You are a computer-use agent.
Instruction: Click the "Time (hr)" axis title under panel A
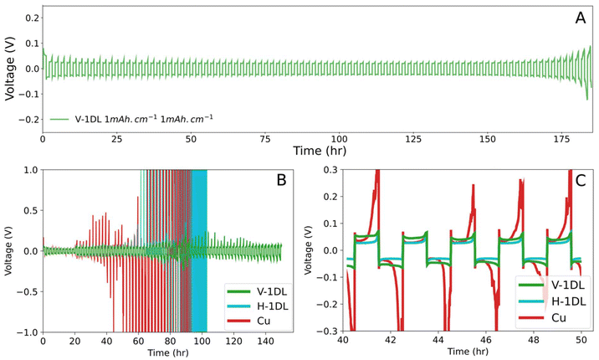[317, 150]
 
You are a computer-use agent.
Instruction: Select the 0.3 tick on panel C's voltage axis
[320, 169]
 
